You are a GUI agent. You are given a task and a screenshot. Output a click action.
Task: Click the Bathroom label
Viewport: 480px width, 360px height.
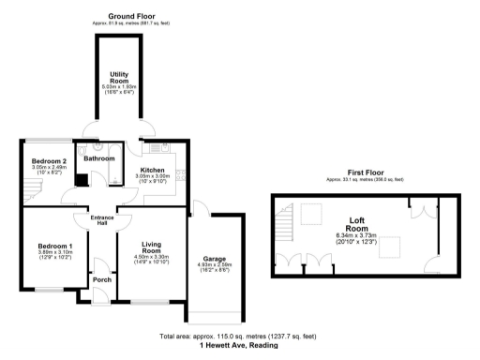pyautogui.click(x=98, y=158)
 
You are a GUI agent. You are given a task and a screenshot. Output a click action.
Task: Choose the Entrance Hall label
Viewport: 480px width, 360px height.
pyautogui.click(x=101, y=219)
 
